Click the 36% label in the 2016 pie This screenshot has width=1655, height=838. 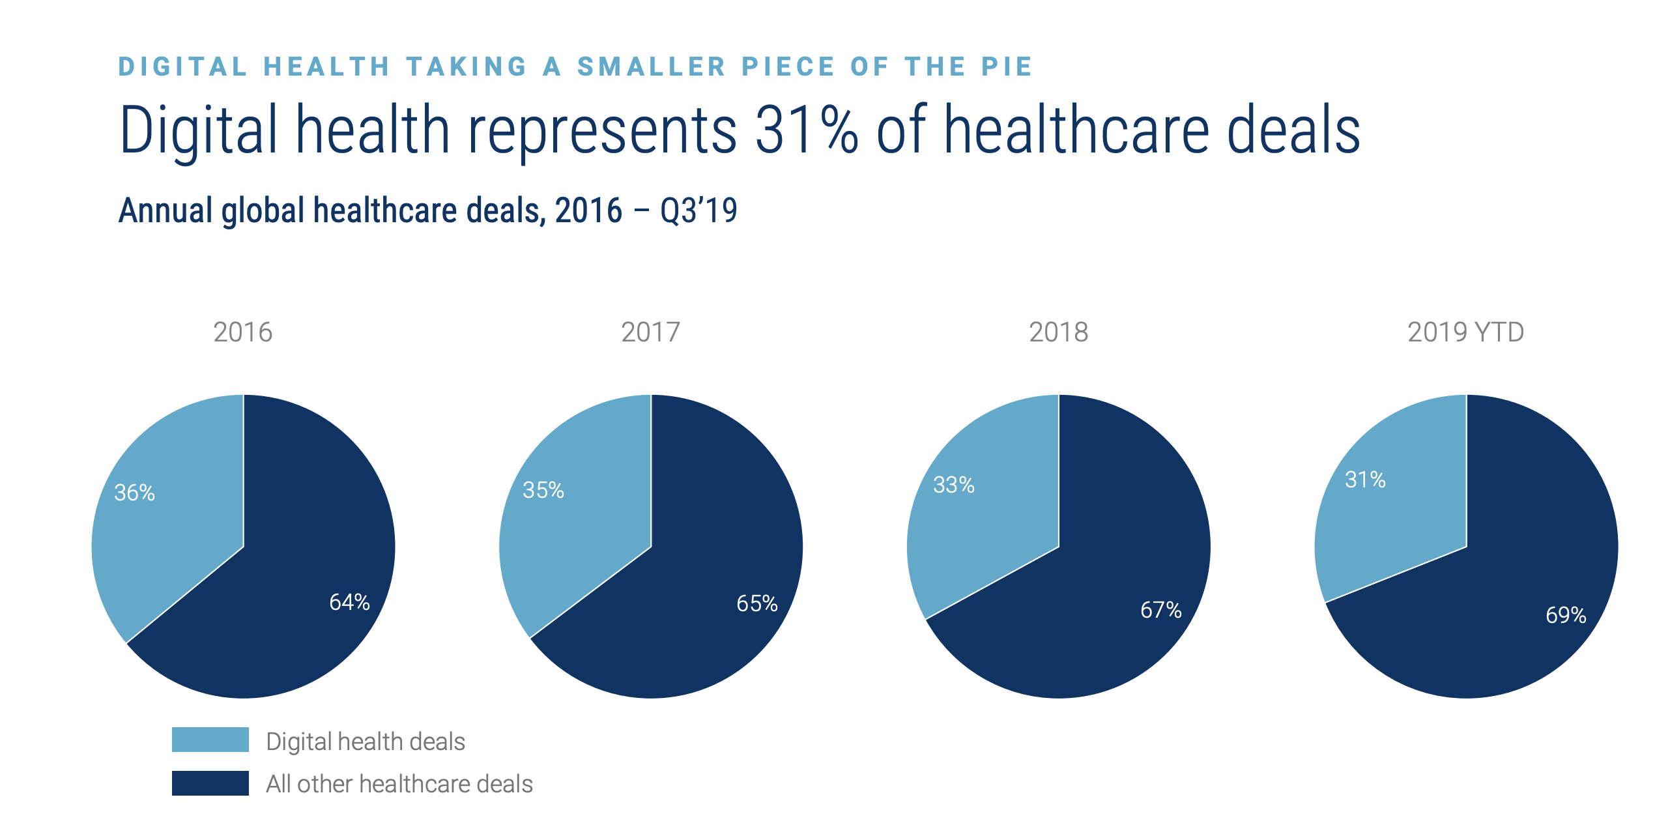click(x=135, y=493)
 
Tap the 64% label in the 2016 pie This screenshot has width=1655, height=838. click(x=350, y=602)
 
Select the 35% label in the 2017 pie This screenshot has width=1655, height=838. click(x=543, y=490)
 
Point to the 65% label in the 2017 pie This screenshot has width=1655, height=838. click(x=757, y=603)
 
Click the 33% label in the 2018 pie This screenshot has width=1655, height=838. click(x=954, y=485)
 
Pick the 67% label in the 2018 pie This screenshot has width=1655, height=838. click(x=1161, y=610)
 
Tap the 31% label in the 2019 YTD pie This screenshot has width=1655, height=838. click(x=1366, y=480)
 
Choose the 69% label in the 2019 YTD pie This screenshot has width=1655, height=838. click(x=1566, y=615)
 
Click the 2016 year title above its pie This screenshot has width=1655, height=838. click(x=243, y=332)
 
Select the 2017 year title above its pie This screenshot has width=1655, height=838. click(x=651, y=332)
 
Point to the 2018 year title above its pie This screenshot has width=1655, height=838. click(x=1059, y=332)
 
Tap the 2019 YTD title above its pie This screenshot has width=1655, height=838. click(x=1466, y=332)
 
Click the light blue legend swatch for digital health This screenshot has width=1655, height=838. click(x=210, y=740)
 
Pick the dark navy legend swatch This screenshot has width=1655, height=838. click(x=210, y=783)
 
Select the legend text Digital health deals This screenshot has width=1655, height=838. click(x=366, y=742)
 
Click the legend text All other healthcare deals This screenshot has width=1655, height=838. click(x=399, y=784)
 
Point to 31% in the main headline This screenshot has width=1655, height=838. click(x=807, y=130)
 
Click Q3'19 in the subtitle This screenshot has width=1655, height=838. click(x=698, y=210)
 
